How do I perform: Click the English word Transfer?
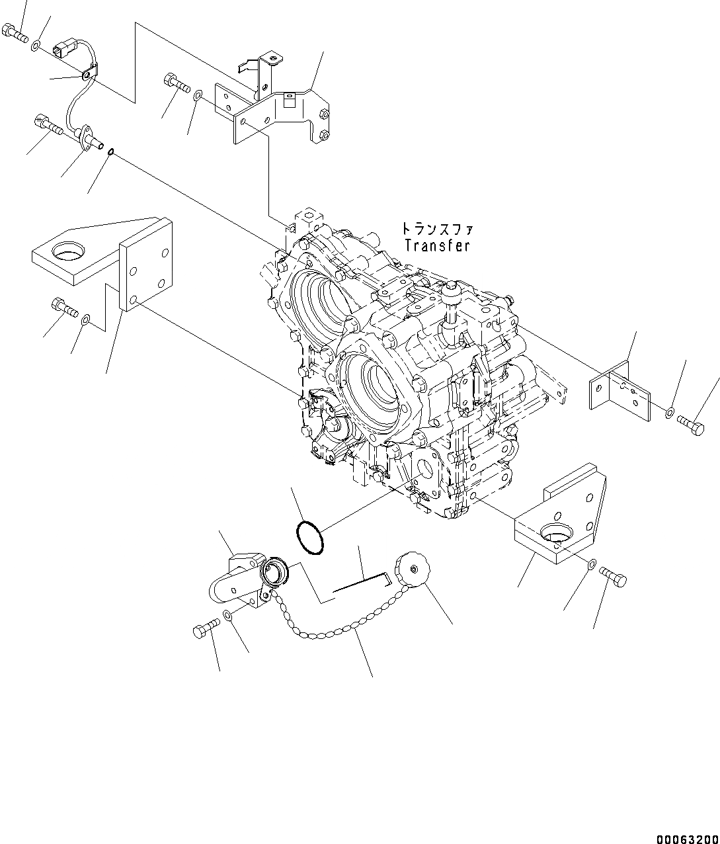437,245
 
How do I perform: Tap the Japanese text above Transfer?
437,229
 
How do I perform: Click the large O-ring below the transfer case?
309,536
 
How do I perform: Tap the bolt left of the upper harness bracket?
173,83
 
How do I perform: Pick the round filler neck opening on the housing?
273,570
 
